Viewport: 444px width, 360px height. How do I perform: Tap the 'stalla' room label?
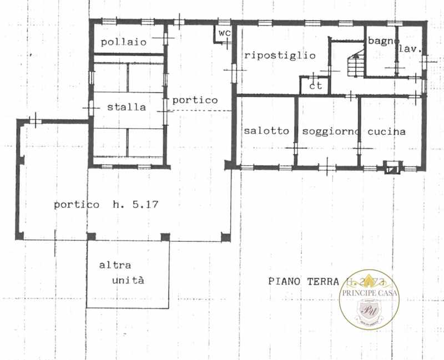tap(127, 107)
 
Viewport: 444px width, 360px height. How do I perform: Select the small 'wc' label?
tap(224, 33)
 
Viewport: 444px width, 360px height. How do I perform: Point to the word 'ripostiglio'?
tap(280, 55)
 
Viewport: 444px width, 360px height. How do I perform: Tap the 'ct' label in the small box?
tap(316, 86)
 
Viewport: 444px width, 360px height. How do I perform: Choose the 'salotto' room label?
tap(266, 131)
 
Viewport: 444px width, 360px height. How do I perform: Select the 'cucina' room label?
tap(386, 131)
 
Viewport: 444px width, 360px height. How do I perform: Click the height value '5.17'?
tap(145, 204)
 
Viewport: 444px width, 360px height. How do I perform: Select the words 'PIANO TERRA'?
tap(303, 281)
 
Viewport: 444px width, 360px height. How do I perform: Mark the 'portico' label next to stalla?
tap(194, 100)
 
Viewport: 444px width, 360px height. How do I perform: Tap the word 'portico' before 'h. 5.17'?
tap(73, 204)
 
